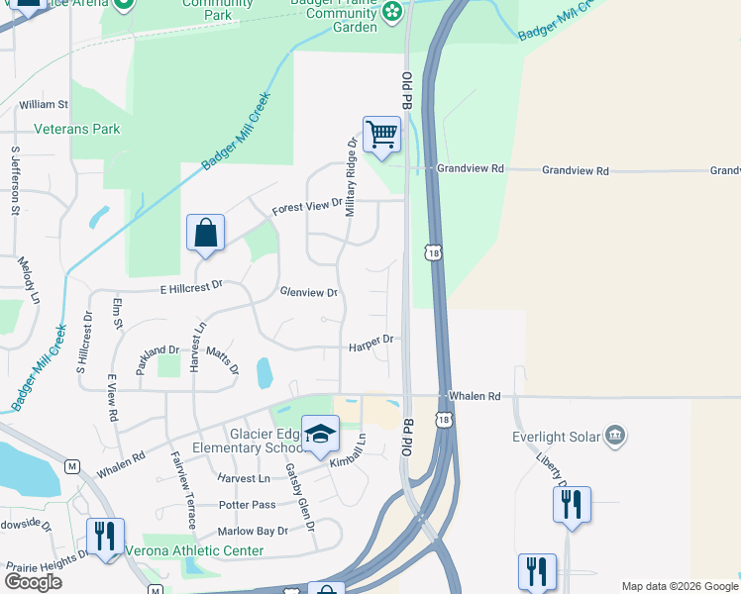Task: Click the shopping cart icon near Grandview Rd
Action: [x=381, y=134]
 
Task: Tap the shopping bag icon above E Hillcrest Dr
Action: [x=205, y=234]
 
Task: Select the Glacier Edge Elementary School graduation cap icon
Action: [x=320, y=435]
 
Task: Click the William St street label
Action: [x=43, y=104]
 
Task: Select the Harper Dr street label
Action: [x=371, y=340]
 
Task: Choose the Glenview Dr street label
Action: [x=309, y=293]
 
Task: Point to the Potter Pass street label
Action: [x=249, y=505]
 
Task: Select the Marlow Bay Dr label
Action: [x=255, y=531]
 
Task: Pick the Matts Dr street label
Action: [x=223, y=360]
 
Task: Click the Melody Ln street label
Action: [x=28, y=280]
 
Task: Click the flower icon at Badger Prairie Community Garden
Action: [x=393, y=11]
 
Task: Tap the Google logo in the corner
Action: [x=33, y=582]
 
